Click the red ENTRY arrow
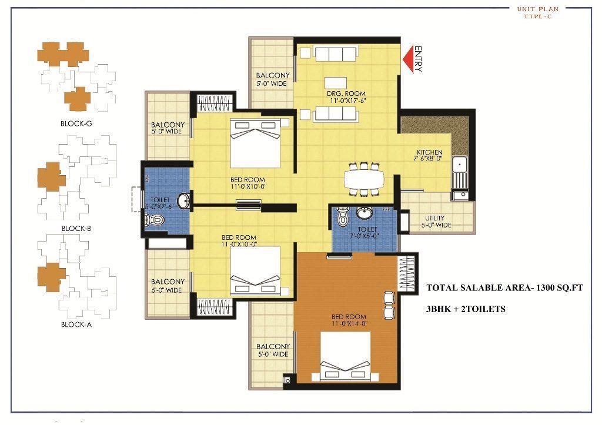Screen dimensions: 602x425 coord(409,59)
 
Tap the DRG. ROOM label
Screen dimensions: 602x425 coord(346,93)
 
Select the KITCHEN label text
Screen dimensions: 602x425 coord(430,152)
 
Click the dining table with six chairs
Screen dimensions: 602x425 coord(363,179)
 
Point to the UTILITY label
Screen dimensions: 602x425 coord(435,217)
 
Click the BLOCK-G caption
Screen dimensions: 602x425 coord(76,123)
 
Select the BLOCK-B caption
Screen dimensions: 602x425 coord(76,229)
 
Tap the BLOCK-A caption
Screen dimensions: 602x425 coord(76,324)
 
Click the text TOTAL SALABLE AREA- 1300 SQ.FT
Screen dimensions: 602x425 coord(504,287)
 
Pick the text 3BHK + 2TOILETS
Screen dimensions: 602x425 coord(466,309)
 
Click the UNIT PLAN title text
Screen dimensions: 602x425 coord(537,9)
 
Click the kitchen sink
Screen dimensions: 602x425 coord(460,165)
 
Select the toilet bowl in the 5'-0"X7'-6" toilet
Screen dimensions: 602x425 coord(155,220)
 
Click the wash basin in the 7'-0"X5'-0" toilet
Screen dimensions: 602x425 coord(363,212)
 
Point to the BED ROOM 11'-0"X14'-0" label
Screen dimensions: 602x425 coord(349,320)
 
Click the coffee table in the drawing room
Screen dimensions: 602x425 coord(336,83)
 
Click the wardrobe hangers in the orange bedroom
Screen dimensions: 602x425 coord(407,274)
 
